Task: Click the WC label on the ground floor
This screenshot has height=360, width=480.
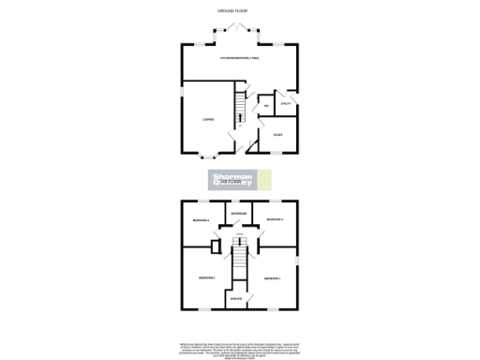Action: (267, 106)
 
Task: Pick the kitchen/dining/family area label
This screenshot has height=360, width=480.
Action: (240, 59)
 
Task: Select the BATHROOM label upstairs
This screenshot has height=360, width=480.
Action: (239, 214)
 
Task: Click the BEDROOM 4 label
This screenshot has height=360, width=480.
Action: (202, 220)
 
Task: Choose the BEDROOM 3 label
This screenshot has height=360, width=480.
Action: (275, 219)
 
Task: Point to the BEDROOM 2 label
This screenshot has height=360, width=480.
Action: (206, 278)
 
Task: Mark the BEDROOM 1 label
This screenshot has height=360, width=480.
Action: (273, 278)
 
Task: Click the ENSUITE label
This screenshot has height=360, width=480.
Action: (237, 299)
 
